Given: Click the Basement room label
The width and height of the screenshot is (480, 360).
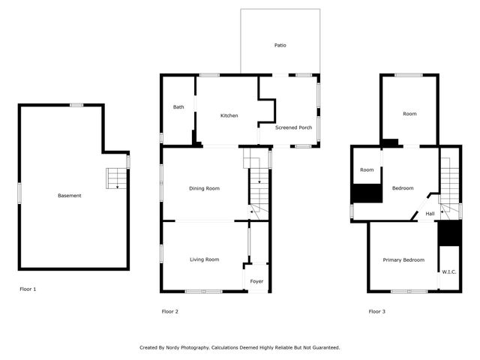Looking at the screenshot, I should [69, 196].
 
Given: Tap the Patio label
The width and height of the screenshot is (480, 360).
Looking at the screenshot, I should [280, 45].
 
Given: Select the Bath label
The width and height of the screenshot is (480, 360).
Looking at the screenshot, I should [178, 107].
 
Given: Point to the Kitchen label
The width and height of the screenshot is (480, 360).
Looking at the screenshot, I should [229, 115].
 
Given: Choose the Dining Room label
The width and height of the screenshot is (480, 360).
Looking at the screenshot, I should [204, 188].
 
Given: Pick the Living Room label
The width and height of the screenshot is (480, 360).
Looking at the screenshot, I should [204, 259].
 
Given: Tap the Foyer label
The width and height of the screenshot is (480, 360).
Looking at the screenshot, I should [256, 281].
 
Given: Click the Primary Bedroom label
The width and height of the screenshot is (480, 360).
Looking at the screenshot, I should [403, 260].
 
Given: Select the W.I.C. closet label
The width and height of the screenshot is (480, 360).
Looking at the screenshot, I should [449, 271].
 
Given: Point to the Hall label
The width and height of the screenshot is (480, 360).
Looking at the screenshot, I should [430, 214].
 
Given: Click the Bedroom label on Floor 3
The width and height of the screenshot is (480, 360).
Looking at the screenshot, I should [403, 188].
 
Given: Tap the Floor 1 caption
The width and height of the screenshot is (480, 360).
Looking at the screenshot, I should [28, 289].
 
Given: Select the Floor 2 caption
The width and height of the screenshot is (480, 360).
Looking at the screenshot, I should [170, 311].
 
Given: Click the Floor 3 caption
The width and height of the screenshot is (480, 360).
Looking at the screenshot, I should [376, 311].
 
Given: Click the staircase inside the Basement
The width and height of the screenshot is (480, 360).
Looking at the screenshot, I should [116, 178].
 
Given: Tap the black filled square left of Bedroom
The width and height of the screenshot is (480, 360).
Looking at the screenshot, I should [367, 193].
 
